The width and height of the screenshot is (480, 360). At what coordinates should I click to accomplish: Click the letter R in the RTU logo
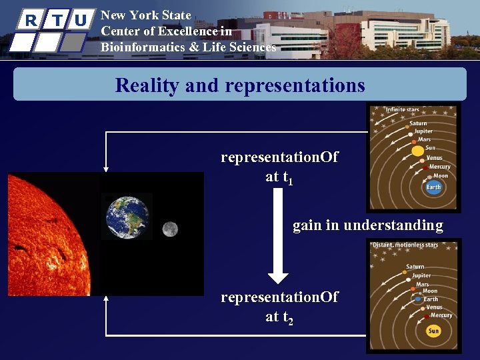(30, 20)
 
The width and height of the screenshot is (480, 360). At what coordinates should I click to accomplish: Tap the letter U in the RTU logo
(80, 20)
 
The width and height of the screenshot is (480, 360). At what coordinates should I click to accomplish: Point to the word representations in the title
(295, 85)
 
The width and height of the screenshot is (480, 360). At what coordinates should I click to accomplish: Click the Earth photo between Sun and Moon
(129, 216)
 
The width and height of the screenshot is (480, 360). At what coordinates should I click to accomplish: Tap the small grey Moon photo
(169, 229)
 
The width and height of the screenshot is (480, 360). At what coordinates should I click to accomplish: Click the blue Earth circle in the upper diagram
(433, 187)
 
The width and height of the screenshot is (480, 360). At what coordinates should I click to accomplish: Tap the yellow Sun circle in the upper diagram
(418, 150)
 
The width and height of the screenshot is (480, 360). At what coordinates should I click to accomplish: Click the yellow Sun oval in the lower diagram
(433, 331)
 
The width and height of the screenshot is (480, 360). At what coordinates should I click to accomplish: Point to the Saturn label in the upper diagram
(418, 123)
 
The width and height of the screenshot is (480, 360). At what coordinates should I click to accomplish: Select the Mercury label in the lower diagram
(441, 315)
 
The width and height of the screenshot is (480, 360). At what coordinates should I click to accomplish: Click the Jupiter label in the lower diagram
(421, 275)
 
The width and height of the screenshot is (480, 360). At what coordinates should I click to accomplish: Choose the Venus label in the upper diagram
(434, 158)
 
